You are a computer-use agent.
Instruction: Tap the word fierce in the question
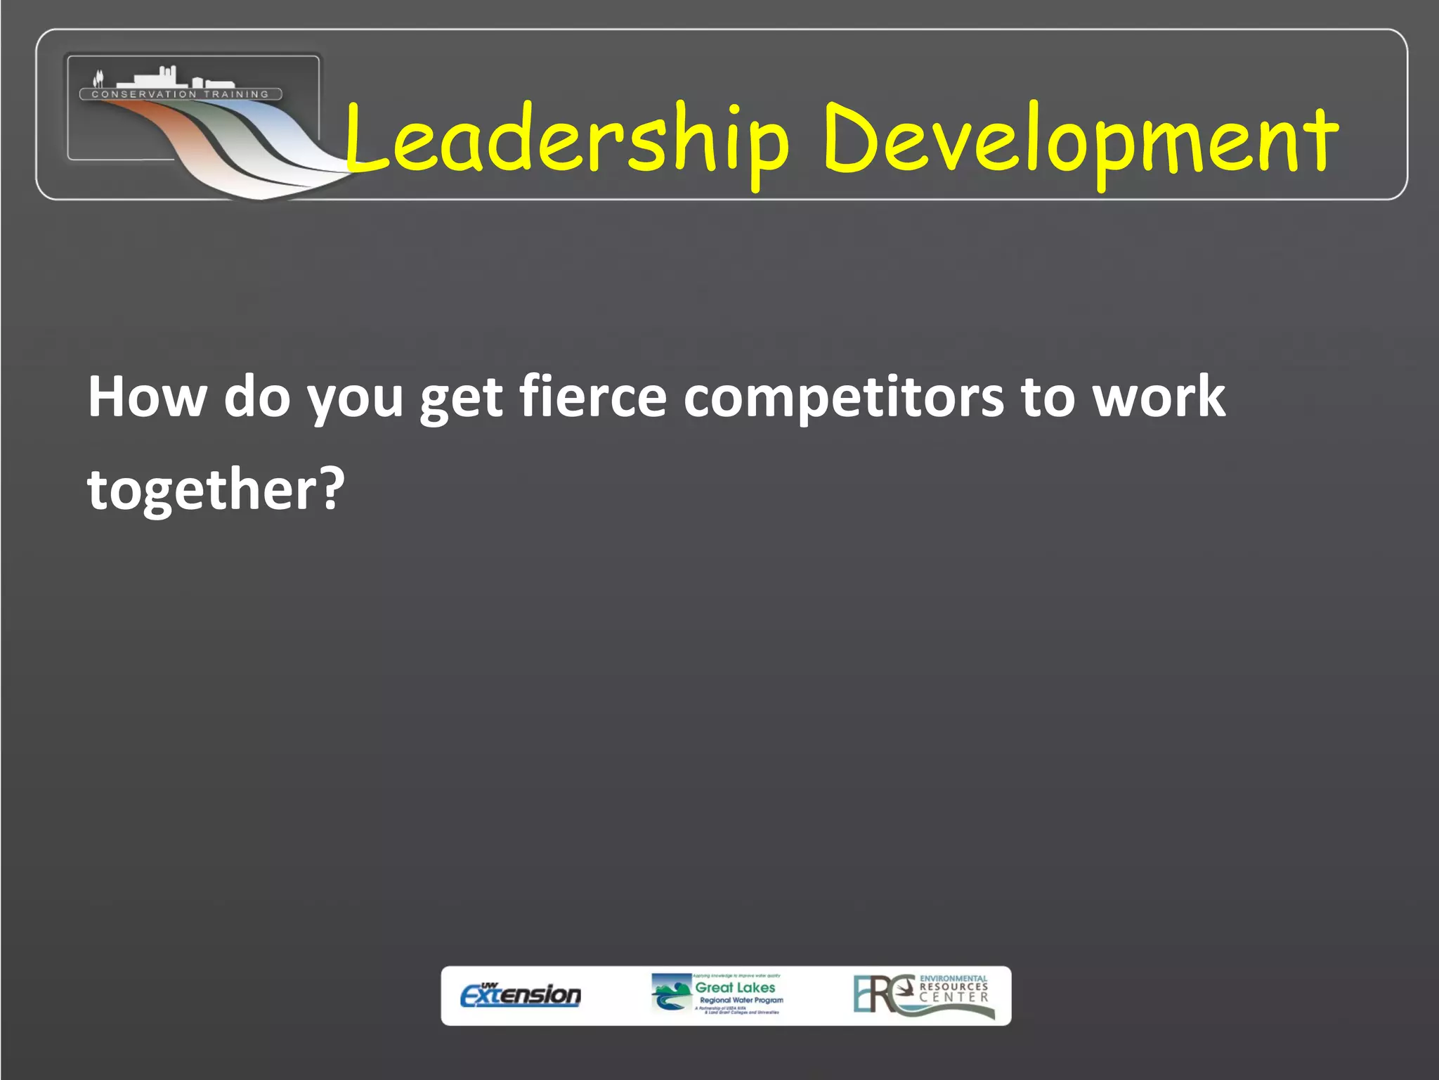point(592,397)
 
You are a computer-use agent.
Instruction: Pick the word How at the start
point(147,397)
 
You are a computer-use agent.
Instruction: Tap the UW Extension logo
point(521,995)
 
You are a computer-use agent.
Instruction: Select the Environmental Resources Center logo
point(923,995)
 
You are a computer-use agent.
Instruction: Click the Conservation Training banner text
point(181,94)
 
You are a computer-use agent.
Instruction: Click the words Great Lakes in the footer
point(735,987)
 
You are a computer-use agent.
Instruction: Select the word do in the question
point(257,397)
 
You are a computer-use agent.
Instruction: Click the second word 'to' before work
point(1047,397)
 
